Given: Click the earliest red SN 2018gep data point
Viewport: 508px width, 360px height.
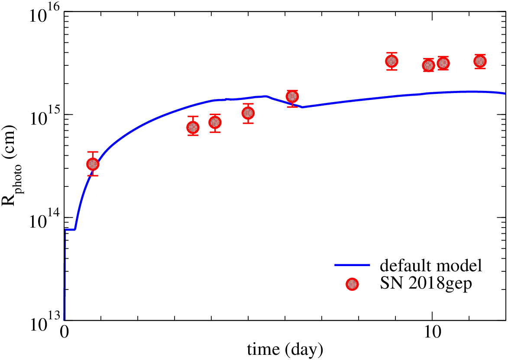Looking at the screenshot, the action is (x=93, y=164).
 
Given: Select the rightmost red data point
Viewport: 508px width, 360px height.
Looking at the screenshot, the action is (x=480, y=61).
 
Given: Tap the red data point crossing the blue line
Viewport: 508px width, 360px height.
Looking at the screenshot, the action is (x=292, y=96).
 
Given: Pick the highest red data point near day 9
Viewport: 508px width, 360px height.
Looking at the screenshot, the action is (x=392, y=61).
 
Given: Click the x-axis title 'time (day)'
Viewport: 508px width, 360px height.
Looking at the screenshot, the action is (x=285, y=350).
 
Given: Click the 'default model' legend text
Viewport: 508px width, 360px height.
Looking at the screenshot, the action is (x=431, y=266).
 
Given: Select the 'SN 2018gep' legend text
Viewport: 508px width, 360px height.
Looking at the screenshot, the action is (x=426, y=283).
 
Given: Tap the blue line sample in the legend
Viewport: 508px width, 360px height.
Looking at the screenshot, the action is (x=352, y=266).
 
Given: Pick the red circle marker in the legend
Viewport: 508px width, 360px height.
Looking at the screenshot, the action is (x=352, y=285).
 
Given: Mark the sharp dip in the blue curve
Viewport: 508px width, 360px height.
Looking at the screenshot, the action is (x=302, y=107).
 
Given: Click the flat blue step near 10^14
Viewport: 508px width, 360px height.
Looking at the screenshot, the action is (x=70, y=229).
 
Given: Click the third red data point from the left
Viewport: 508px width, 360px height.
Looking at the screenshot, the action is (x=215, y=122).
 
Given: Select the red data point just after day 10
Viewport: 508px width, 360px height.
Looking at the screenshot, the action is (x=443, y=63).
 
